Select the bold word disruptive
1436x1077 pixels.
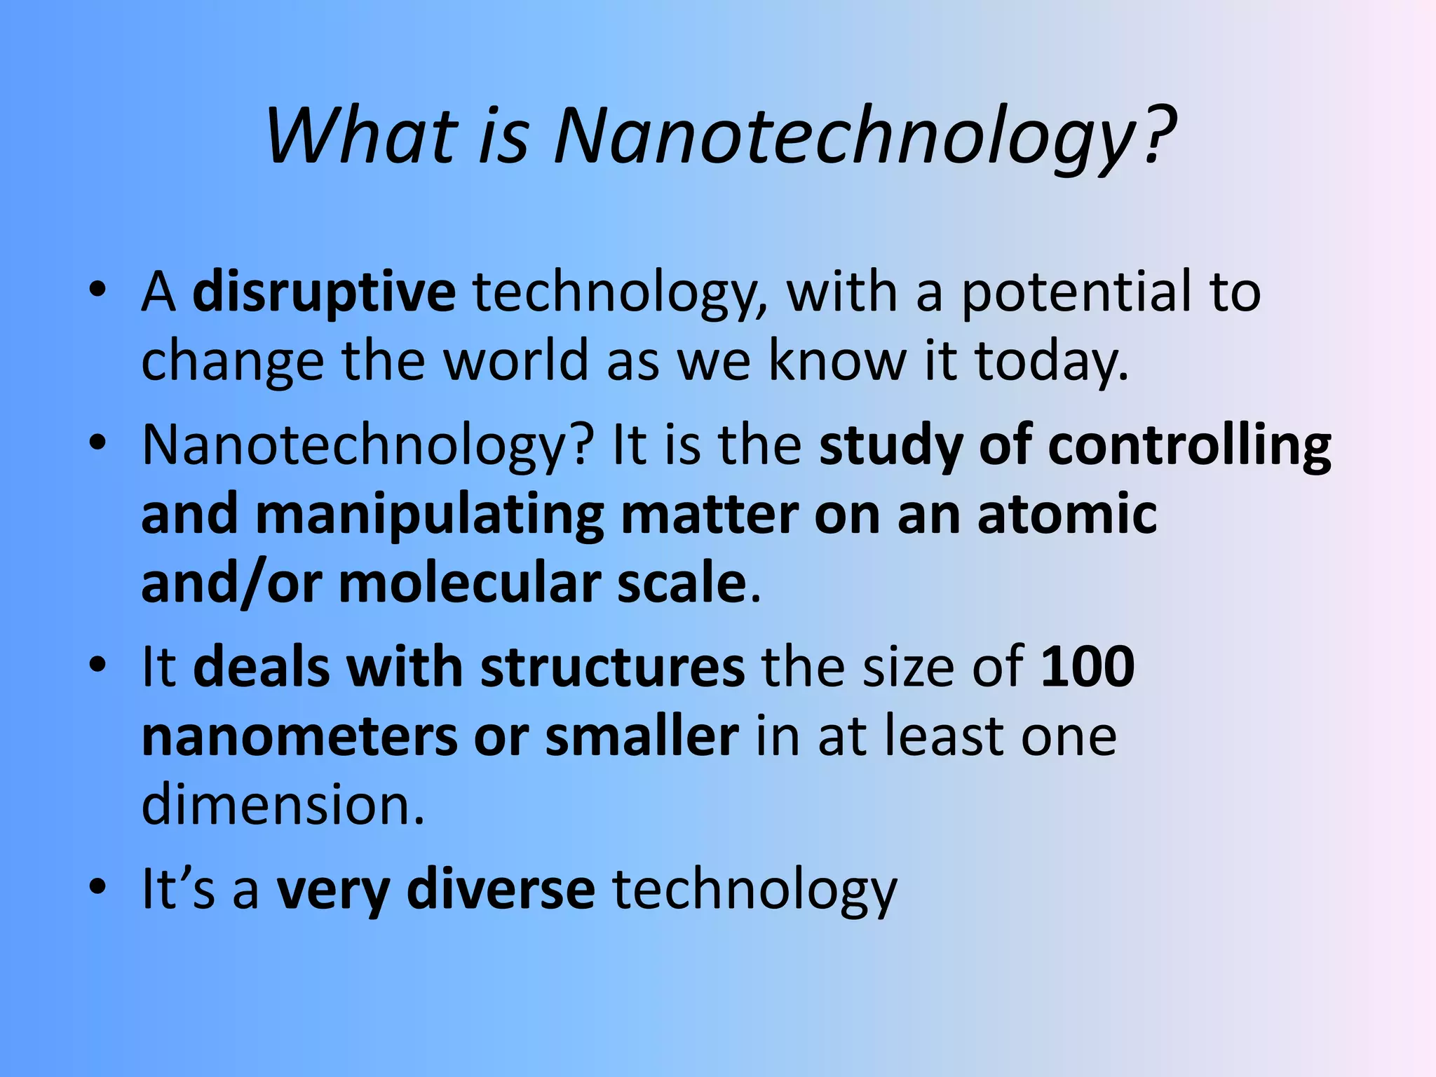[x=324, y=292]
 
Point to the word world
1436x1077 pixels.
[x=517, y=360]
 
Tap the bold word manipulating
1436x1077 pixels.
[x=430, y=515]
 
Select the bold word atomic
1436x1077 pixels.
[x=1066, y=514]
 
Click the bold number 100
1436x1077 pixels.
[x=1088, y=666]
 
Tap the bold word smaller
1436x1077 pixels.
[x=642, y=736]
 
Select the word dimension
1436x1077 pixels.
[x=283, y=805]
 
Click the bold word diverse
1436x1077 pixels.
[x=501, y=889]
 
